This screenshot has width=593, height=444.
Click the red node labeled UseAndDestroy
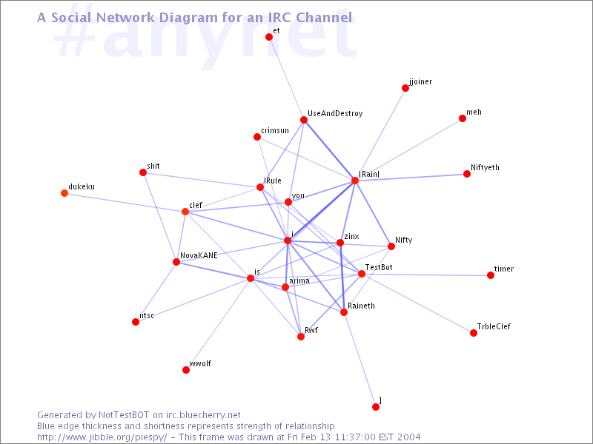[x=304, y=120]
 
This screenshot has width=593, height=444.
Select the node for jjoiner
[x=405, y=88]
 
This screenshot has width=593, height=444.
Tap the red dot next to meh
[x=462, y=118]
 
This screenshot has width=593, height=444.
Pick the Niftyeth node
[x=467, y=174]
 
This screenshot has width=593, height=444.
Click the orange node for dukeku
[x=64, y=193]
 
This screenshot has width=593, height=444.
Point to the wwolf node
[x=186, y=370]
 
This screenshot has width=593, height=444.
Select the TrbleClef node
[x=474, y=333]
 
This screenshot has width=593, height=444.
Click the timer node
[x=491, y=275]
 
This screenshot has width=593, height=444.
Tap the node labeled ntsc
[x=136, y=322]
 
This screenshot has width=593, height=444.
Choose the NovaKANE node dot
[x=176, y=262]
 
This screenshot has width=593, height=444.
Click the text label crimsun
[x=275, y=131]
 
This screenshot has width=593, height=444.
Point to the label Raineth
[x=361, y=306]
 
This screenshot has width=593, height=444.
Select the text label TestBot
[x=379, y=267]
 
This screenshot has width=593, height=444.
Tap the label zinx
[x=351, y=236]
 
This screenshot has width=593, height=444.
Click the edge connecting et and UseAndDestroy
[x=286, y=78]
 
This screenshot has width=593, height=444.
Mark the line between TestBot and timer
[x=425, y=275]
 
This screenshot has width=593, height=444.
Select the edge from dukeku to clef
[x=125, y=202]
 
